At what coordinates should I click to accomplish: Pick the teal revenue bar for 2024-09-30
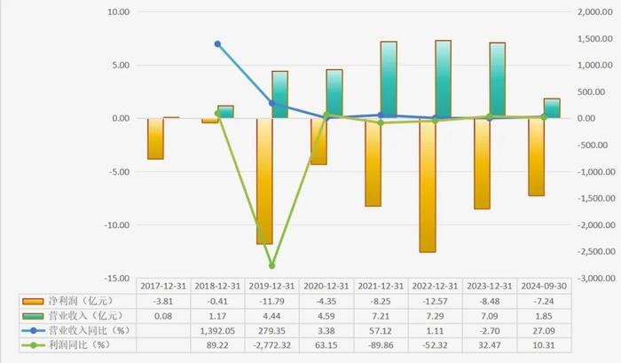tap(551, 108)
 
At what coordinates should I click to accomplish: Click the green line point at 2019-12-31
tap(271, 265)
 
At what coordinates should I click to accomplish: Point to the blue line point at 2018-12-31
tap(217, 44)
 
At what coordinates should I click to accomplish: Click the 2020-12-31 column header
tap(326, 286)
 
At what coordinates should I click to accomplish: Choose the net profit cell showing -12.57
tap(435, 302)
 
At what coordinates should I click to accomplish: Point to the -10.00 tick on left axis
tap(116, 225)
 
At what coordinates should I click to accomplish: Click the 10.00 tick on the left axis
tap(118, 12)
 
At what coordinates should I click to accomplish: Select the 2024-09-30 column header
tap(543, 286)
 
